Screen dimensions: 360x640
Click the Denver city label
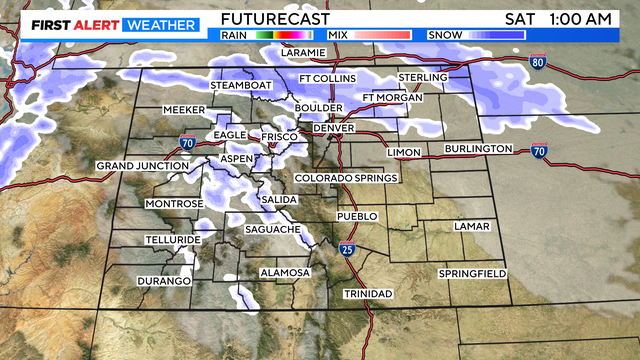click(x=334, y=129)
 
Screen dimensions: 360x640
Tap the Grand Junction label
click(x=143, y=165)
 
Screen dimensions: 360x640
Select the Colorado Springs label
click(x=346, y=178)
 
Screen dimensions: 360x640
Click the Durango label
click(x=164, y=281)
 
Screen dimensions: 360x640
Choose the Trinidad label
click(x=368, y=293)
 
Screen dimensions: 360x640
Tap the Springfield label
click(x=472, y=274)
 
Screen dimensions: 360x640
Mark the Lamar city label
click(x=472, y=227)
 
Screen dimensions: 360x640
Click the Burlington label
click(x=480, y=149)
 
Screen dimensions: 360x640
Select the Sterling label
click(x=422, y=78)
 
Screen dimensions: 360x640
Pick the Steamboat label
click(x=241, y=86)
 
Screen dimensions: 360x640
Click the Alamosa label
click(x=285, y=273)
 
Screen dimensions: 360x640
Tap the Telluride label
click(x=173, y=240)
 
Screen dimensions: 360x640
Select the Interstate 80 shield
click(x=538, y=62)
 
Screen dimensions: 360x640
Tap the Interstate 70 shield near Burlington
click(x=539, y=151)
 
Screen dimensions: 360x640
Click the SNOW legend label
click(x=444, y=35)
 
